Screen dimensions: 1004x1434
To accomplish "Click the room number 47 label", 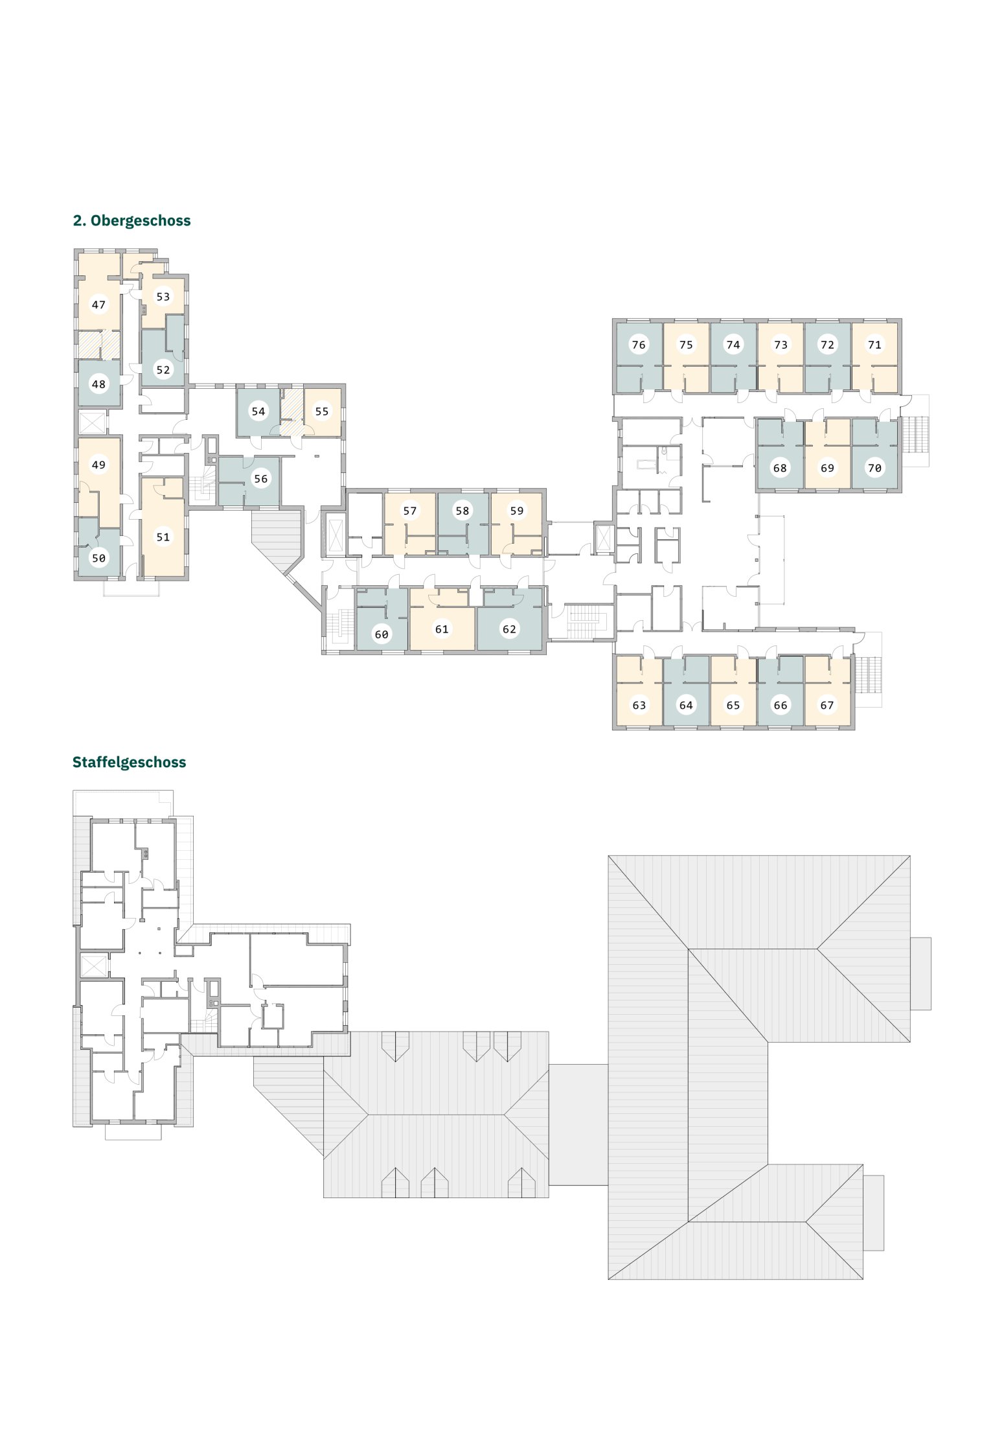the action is (98, 305).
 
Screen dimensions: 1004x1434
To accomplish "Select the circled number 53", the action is (163, 297).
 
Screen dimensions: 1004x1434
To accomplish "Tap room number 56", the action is (260, 479).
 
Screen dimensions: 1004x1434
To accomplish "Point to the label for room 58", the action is (462, 511).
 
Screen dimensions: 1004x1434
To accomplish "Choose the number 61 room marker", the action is (442, 629).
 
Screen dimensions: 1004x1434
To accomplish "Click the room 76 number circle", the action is (639, 345).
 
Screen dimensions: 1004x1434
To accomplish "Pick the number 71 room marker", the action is (874, 345).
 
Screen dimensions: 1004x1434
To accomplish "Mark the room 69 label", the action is (827, 468).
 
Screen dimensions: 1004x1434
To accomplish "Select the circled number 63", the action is (639, 705).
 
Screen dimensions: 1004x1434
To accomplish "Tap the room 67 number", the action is (827, 705).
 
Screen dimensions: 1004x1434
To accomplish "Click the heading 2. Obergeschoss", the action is (131, 221).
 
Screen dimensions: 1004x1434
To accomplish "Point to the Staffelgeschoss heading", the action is (130, 763).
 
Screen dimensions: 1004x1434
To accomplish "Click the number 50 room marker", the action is (98, 558).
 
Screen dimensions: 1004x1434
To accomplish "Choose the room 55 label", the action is (322, 411).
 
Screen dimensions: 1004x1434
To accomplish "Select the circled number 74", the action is (733, 345).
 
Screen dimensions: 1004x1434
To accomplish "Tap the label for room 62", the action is (510, 629).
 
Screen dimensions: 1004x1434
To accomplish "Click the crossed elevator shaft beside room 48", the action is (92, 422).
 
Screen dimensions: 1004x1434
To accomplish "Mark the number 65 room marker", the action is (733, 705).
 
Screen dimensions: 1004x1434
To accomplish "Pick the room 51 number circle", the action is (163, 537).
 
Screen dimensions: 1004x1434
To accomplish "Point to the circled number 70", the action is (874, 468).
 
